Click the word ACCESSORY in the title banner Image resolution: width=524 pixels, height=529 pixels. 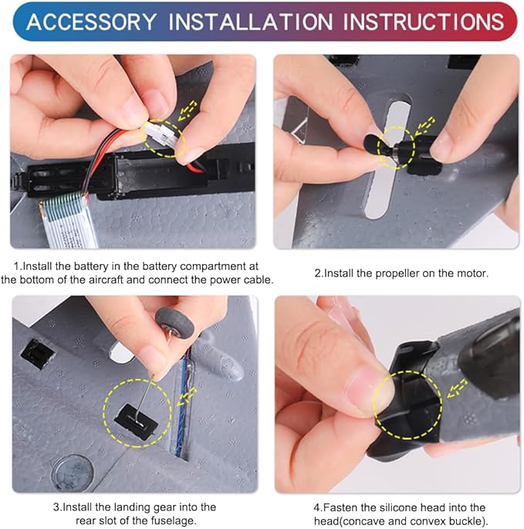(91, 22)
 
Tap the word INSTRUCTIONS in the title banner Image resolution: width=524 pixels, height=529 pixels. (423, 22)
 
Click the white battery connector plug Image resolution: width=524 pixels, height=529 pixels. (161, 134)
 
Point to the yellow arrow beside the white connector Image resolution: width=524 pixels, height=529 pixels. (187, 110)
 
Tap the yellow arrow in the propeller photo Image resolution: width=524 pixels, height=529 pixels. (425, 126)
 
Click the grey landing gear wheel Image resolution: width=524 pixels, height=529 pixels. (174, 321)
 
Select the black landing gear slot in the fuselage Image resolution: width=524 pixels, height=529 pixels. (135, 422)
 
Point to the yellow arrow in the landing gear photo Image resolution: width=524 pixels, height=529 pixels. (187, 396)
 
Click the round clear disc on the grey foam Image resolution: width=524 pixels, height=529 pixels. (73, 471)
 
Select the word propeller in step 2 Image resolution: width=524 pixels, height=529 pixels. (397, 273)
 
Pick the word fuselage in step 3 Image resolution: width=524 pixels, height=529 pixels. (173, 521)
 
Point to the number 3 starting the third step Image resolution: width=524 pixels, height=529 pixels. (56, 507)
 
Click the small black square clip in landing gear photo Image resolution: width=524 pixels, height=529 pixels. (37, 354)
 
